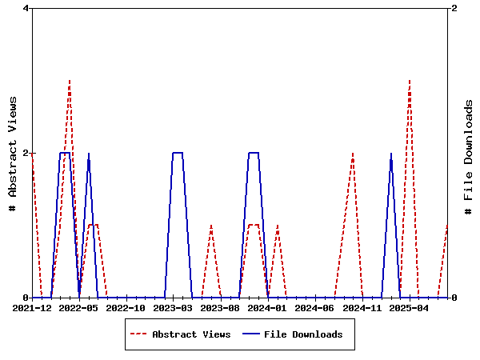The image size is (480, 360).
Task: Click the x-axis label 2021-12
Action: pos(32,308)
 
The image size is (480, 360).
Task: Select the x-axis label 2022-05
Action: pos(79,308)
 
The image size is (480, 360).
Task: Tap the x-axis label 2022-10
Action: pos(126,308)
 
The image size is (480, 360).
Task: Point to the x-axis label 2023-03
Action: pos(174,308)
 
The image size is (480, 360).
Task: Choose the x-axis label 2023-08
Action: pos(221,308)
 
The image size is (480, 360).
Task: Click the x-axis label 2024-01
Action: pos(268,308)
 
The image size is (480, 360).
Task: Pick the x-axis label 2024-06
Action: pos(315,308)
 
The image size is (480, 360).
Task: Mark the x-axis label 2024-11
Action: pos(362,308)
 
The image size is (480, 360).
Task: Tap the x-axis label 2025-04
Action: pos(410,308)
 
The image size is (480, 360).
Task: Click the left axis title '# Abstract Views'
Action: pos(13,153)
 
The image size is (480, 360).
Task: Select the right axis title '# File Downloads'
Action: pos(469,153)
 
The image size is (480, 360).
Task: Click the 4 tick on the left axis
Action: pos(26,9)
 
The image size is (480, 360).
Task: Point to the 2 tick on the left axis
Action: pos(26,153)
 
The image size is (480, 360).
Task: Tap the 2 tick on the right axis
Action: pos(454,9)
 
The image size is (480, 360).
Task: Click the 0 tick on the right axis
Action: pos(454,298)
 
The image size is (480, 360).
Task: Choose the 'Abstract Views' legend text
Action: pos(191,334)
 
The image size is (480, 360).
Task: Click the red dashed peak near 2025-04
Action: pos(410,81)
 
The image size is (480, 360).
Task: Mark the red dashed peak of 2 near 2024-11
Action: pos(353,153)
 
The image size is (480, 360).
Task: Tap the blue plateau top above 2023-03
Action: pos(178,153)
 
